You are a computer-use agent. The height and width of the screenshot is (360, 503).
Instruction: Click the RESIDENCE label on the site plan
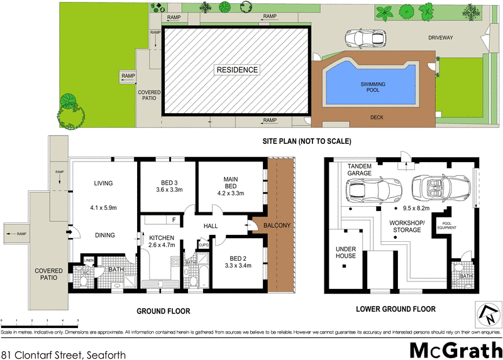pyautogui.click(x=237, y=70)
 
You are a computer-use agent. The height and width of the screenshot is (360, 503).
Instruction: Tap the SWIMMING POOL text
pyautogui.click(x=373, y=87)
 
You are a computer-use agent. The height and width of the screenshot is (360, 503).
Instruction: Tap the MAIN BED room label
pyautogui.click(x=230, y=183)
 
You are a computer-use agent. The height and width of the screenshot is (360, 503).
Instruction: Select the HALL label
pyautogui.click(x=210, y=227)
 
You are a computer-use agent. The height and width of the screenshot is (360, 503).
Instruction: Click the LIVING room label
pyautogui.click(x=103, y=183)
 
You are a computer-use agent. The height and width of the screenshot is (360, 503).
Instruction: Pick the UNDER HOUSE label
pyautogui.click(x=345, y=252)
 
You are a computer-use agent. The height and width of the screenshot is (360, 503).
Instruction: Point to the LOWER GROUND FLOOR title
pyautogui.click(x=395, y=309)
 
